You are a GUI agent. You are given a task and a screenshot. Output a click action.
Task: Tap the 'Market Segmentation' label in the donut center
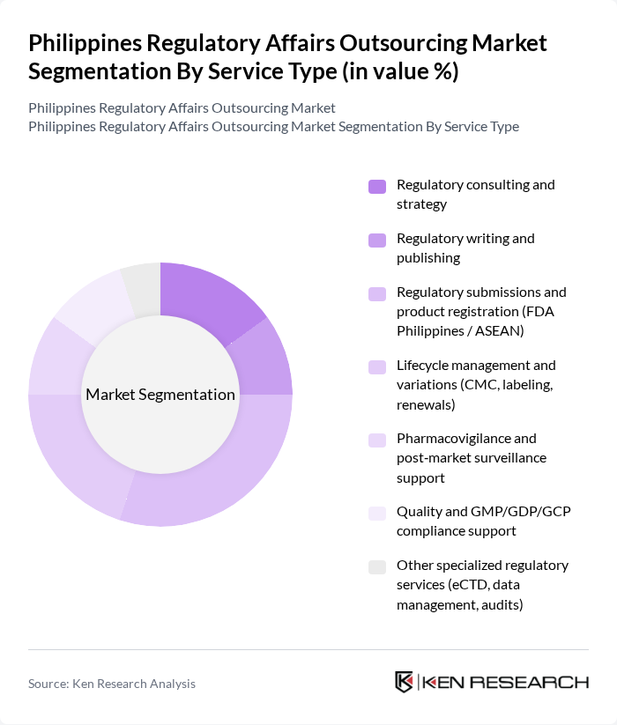[x=160, y=395]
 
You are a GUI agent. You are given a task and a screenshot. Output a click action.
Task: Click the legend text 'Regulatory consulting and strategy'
[x=476, y=195]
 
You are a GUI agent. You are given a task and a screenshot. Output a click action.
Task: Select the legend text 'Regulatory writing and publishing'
[x=465, y=248]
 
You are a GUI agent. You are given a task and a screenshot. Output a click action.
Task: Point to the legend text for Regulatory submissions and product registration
[x=481, y=311]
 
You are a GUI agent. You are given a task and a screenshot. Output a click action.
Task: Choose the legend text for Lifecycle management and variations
[x=476, y=385]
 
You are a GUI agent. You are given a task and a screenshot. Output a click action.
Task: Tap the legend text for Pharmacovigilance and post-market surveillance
[x=471, y=458]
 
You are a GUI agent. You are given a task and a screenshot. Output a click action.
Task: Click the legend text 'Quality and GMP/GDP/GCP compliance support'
[x=483, y=522]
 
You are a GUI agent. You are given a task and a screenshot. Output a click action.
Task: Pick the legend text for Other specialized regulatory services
[x=482, y=585]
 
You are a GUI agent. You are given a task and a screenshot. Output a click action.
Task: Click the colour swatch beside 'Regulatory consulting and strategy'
[x=377, y=186]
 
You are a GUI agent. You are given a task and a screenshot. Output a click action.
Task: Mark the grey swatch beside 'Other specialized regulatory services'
[x=377, y=566]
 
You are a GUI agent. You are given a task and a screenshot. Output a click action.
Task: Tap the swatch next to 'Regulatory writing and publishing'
[x=377, y=240]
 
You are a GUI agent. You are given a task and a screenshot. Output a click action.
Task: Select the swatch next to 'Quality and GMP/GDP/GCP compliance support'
[x=377, y=513]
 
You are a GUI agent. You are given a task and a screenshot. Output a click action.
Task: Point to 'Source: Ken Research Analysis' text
[x=112, y=684]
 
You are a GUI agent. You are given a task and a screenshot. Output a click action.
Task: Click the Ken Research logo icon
[x=405, y=683]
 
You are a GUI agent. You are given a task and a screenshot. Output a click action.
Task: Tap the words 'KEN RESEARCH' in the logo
[x=504, y=683]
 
